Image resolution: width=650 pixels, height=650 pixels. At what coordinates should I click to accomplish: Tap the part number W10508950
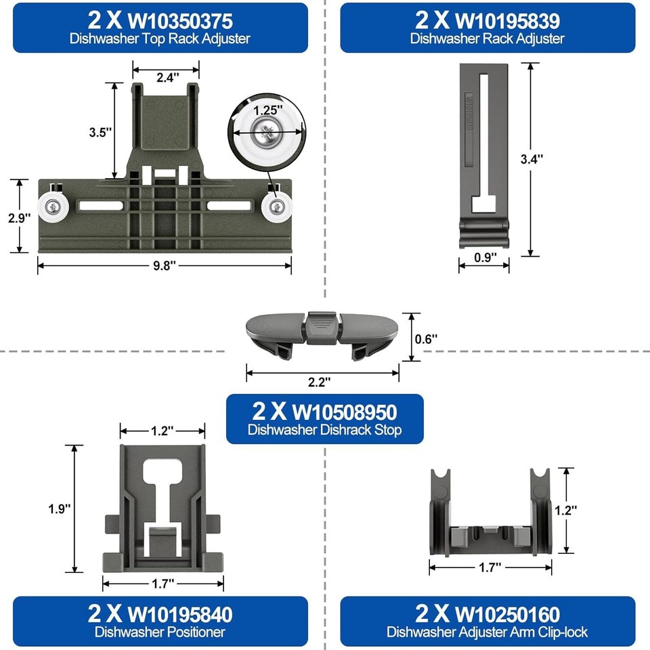[344, 411]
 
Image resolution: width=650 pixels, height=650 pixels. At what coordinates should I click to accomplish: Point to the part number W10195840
[179, 614]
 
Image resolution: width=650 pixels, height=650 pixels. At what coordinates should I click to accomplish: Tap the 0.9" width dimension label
[485, 257]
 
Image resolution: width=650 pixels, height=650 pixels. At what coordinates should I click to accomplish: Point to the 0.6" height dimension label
[427, 337]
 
